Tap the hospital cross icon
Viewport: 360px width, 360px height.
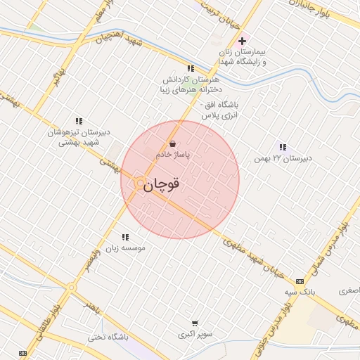[243, 41]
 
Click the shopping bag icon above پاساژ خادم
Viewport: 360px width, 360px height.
[172, 143]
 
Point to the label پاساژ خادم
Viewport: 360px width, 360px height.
[172, 153]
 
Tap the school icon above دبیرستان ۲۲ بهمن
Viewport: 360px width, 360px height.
[283, 147]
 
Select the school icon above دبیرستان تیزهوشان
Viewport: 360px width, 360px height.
[78, 122]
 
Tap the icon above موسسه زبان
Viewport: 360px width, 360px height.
[125, 238]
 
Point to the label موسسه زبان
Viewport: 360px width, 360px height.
[124, 248]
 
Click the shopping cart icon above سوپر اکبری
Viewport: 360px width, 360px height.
[194, 323]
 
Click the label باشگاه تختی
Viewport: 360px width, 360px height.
[108, 337]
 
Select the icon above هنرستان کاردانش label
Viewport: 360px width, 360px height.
[191, 69]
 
